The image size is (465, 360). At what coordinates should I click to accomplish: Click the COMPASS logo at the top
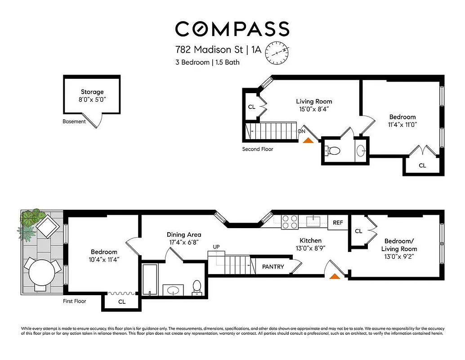coord(232,29)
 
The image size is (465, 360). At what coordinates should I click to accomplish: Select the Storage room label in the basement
coord(92,92)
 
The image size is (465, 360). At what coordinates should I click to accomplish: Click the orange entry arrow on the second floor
coord(308,140)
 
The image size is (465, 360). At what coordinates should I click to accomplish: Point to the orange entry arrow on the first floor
coord(335,276)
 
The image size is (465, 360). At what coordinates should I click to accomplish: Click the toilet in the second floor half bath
coord(333,151)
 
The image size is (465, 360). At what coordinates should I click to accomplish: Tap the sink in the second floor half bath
coord(361,151)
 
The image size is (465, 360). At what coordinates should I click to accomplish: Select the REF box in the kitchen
coord(338,222)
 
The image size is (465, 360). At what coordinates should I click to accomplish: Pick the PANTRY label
coord(273,267)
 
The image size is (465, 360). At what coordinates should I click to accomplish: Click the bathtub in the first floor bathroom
coord(150,279)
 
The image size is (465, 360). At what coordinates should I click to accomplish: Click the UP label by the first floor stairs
coord(216,247)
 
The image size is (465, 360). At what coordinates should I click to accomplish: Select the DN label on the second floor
coord(302,131)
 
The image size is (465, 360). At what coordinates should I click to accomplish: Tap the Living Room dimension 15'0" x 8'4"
coord(314,109)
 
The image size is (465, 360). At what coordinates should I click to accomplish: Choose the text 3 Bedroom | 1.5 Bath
coord(207,63)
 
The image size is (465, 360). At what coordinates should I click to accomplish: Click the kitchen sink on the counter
coord(313,220)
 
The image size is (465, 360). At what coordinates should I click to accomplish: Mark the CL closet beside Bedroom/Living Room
coord(358,231)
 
